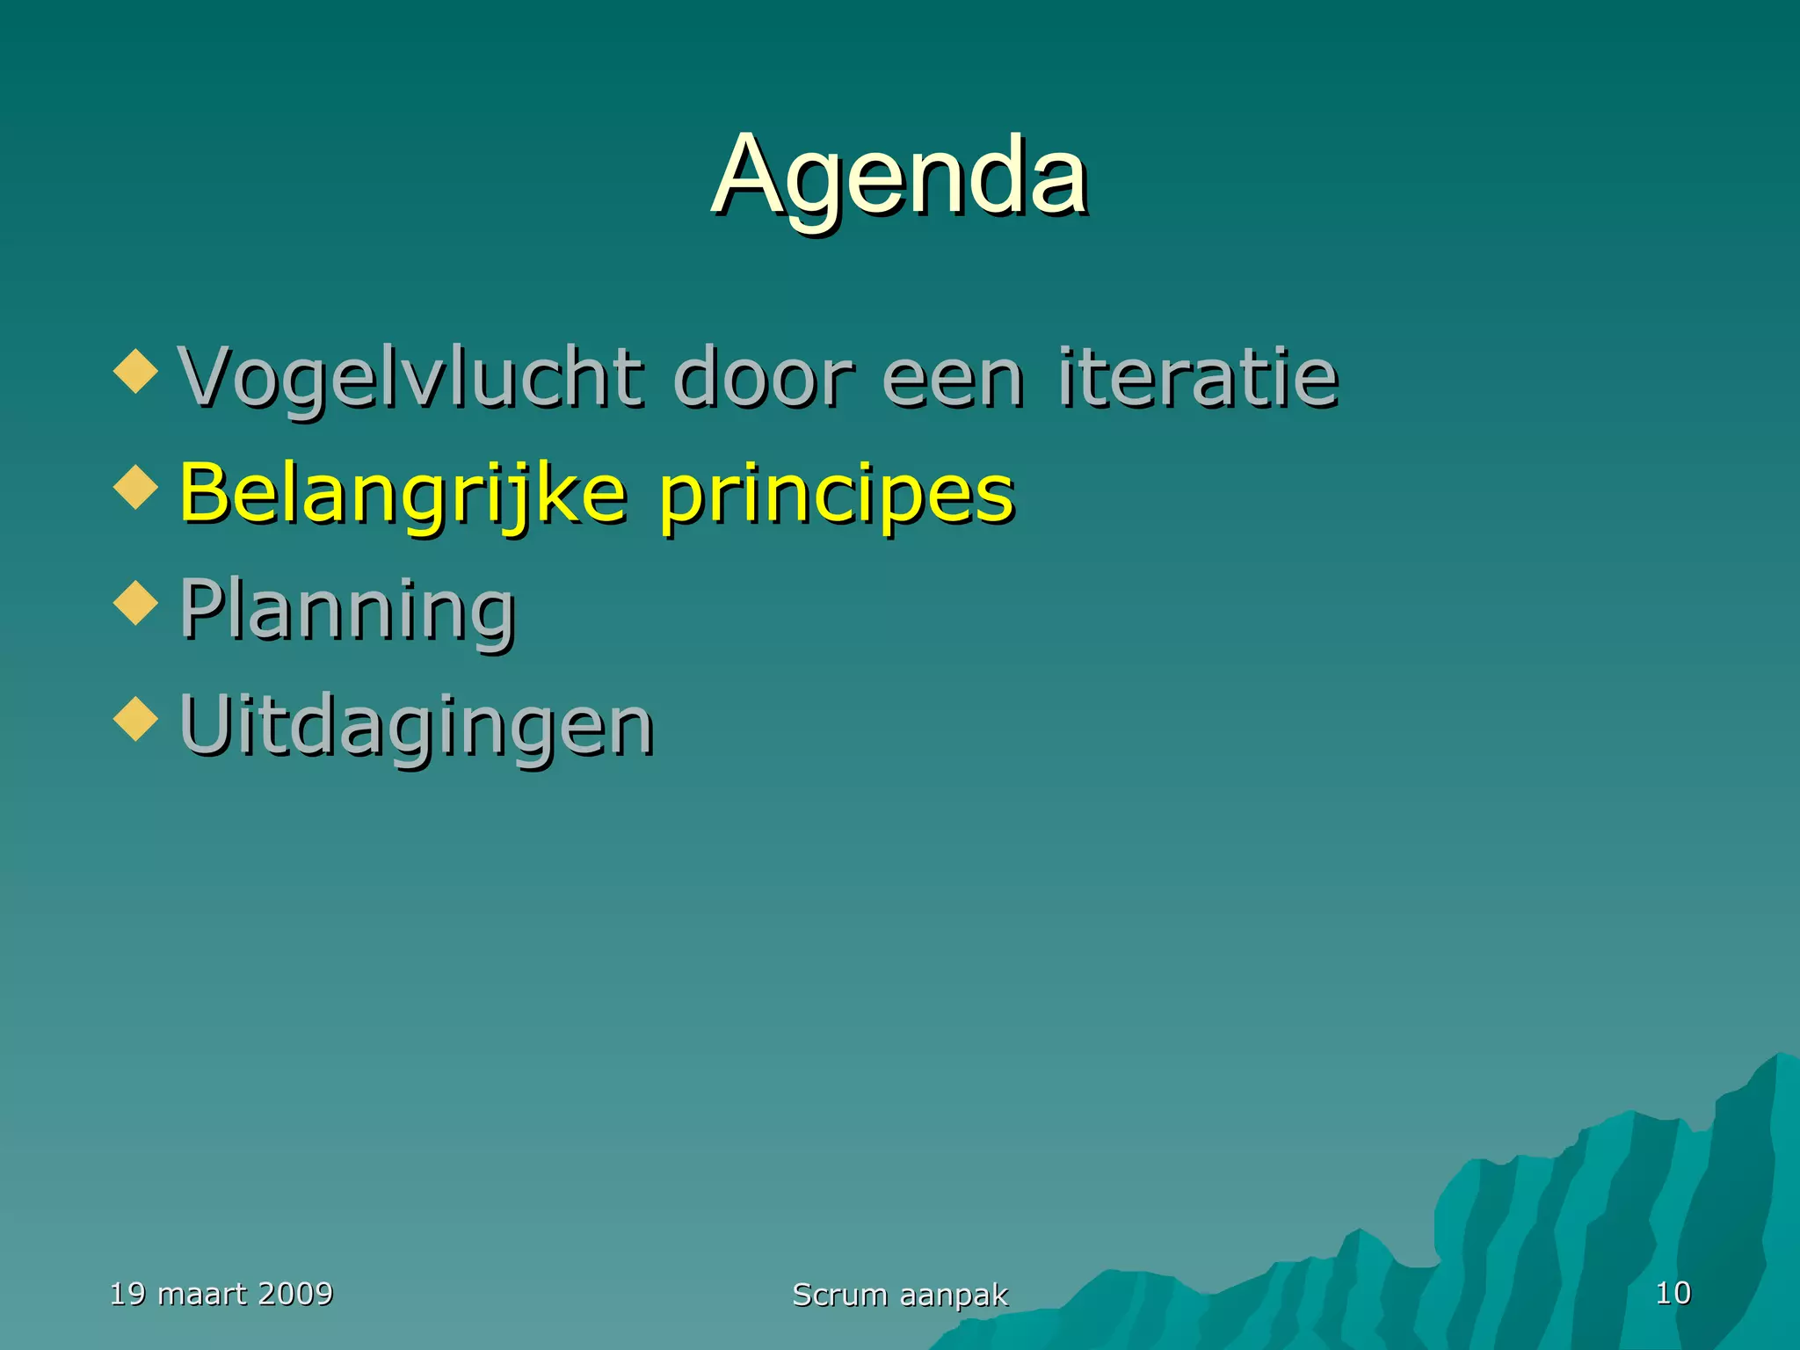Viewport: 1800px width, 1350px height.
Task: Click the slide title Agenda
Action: click(899, 176)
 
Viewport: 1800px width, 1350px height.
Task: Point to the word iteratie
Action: click(1197, 378)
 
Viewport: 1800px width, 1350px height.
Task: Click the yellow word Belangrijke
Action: click(403, 494)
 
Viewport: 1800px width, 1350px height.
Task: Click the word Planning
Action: click(347, 610)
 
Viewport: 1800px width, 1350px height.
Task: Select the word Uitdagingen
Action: click(417, 726)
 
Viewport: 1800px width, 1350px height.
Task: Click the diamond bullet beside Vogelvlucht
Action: click(135, 371)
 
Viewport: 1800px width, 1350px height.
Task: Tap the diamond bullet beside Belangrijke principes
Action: click(135, 487)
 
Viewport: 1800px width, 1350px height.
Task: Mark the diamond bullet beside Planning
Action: click(135, 603)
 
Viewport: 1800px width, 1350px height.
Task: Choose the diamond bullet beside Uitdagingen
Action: click(135, 719)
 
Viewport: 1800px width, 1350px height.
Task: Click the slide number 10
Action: click(1673, 1293)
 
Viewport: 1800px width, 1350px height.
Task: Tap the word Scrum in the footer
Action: click(839, 1295)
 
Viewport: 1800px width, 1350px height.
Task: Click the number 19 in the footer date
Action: click(127, 1294)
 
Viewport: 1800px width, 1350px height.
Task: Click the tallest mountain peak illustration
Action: click(1767, 1143)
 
